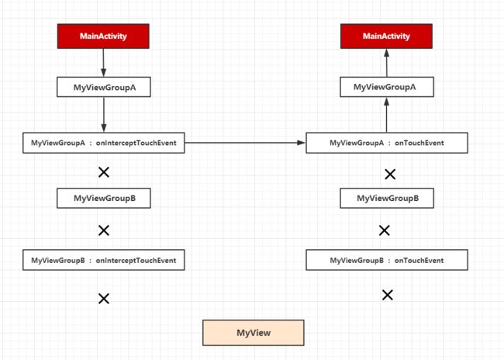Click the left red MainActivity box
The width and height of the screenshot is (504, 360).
(x=103, y=36)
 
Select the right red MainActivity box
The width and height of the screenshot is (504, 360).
(x=386, y=36)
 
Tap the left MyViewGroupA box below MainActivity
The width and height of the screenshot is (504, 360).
(x=104, y=87)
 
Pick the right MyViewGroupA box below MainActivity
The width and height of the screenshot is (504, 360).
(x=387, y=87)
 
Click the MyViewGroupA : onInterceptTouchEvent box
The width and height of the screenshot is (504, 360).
(x=104, y=143)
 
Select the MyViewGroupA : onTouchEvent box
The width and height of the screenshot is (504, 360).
(x=387, y=143)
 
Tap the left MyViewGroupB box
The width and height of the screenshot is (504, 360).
(x=104, y=198)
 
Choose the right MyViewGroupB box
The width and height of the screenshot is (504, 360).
(x=387, y=198)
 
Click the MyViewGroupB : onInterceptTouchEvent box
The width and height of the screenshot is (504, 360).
(x=104, y=260)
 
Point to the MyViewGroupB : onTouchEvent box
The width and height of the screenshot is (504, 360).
(x=387, y=260)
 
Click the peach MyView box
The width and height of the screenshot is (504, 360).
(x=254, y=333)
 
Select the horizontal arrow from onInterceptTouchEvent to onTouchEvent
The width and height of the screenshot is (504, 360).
(x=245, y=143)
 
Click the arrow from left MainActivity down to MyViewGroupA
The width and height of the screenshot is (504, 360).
(x=103, y=63)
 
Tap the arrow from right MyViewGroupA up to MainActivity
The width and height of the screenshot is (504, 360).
(x=387, y=63)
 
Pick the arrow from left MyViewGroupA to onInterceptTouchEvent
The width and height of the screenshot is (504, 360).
(x=104, y=115)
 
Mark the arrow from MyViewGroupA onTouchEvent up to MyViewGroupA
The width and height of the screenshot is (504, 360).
(x=387, y=115)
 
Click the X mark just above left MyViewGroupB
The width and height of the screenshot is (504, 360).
(x=104, y=172)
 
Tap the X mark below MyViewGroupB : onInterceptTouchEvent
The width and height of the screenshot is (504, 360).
(x=104, y=299)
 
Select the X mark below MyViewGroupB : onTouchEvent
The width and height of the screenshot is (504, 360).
(x=388, y=295)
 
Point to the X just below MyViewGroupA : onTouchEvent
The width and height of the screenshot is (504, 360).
(x=390, y=175)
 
